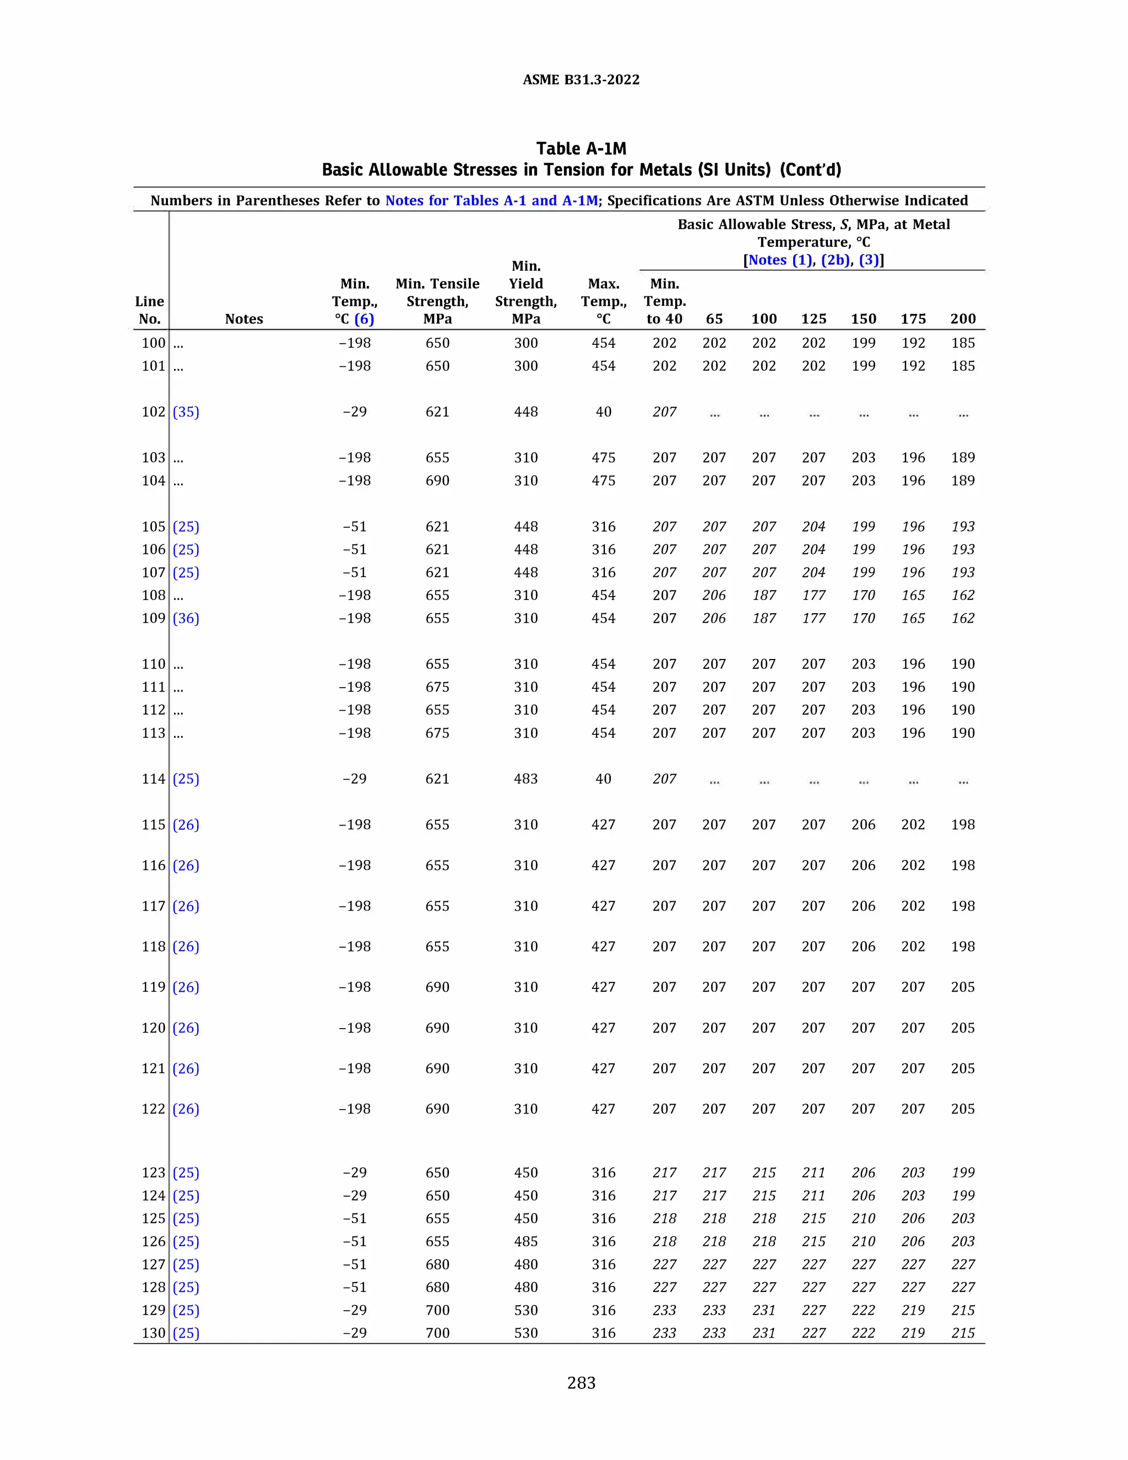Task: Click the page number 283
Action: pos(581,1383)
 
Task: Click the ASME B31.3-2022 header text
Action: pos(581,79)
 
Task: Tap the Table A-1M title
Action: pos(581,148)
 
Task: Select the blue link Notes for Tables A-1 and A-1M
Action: pos(491,201)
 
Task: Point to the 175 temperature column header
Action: pos(913,319)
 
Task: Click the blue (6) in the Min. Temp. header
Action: pos(364,319)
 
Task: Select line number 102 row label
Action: pos(153,412)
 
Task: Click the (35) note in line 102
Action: pos(186,412)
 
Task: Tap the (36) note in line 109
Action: pos(186,618)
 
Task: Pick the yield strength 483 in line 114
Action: pos(526,779)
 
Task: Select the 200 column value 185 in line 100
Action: pos(963,343)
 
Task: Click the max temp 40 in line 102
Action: pos(604,412)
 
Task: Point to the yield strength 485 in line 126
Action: pos(526,1241)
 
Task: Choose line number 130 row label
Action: pos(153,1333)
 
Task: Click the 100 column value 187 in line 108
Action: pos(764,595)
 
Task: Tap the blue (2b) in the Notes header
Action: pos(836,260)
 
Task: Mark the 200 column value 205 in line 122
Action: pos(963,1109)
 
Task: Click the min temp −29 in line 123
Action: pos(354,1172)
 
